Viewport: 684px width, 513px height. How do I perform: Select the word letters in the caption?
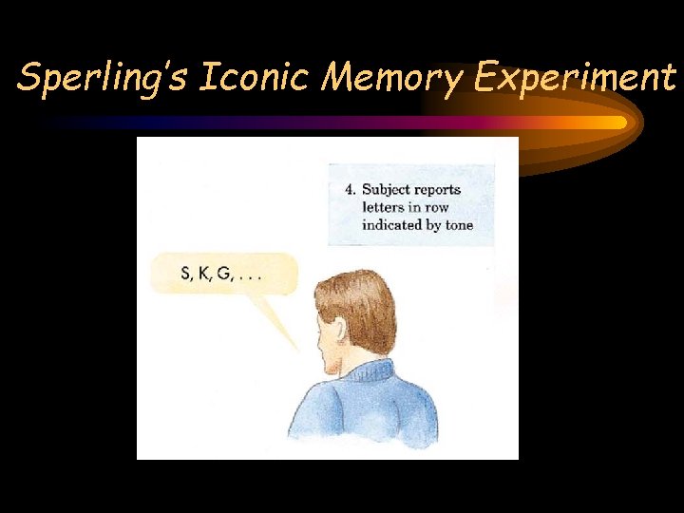click(382, 207)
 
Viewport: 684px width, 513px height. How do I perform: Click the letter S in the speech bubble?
click(185, 275)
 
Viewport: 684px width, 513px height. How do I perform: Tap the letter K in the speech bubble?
click(202, 275)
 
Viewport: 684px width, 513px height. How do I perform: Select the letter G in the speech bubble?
click(223, 275)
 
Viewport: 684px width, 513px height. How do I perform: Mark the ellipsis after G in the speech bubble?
click(249, 277)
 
